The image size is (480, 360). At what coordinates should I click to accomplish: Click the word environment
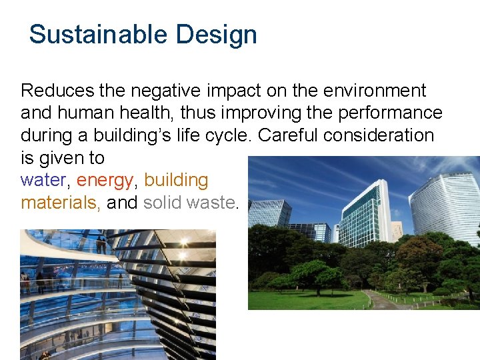pyautogui.click(x=369, y=91)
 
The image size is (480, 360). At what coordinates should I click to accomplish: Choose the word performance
pyautogui.click(x=391, y=113)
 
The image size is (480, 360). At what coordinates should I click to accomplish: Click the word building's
pyautogui.click(x=157, y=135)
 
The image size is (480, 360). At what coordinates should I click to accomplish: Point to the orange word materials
pyautogui.click(x=59, y=203)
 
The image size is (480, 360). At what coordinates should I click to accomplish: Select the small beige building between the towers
pyautogui.click(x=397, y=230)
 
